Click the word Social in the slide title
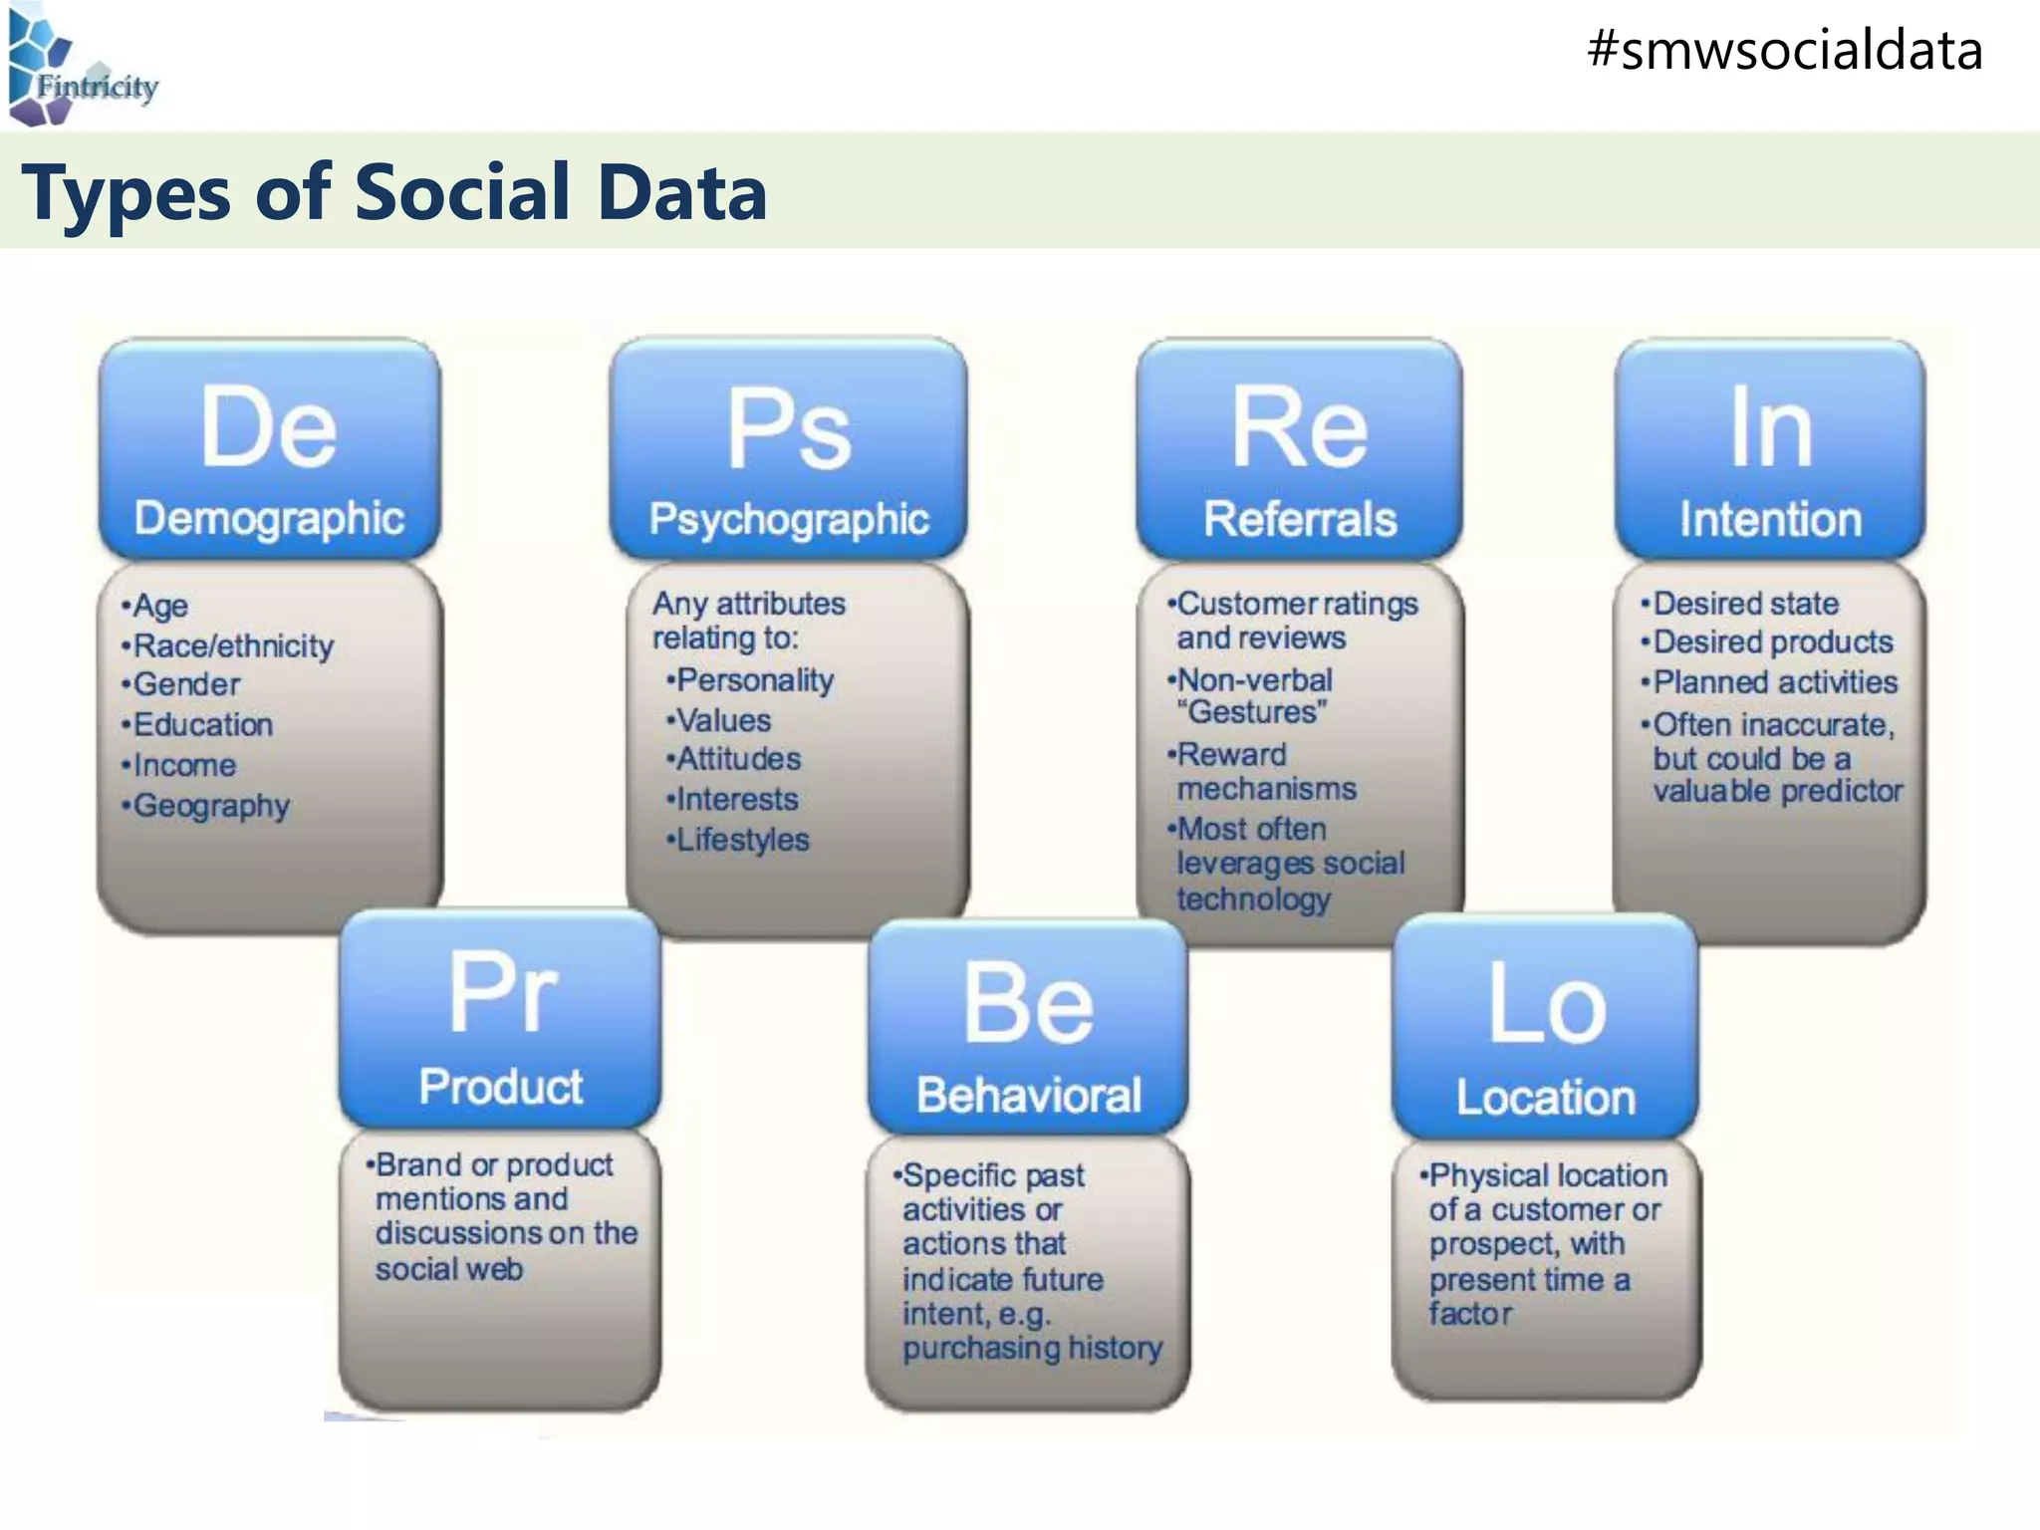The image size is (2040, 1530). [x=463, y=191]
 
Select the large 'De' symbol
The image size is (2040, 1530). [x=269, y=427]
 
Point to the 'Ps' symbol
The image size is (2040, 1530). [x=788, y=429]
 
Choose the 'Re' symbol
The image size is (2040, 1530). [x=1300, y=427]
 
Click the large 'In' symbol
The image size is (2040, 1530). [x=1770, y=427]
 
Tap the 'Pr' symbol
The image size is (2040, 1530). [x=501, y=992]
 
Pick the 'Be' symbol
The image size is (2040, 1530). [x=1028, y=1003]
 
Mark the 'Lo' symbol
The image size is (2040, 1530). [x=1546, y=1005]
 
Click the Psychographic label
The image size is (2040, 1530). [x=789, y=519]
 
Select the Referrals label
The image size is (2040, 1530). [x=1300, y=519]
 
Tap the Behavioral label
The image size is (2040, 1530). [x=1028, y=1095]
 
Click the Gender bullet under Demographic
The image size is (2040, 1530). [x=186, y=684]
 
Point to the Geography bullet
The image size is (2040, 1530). [x=210, y=805]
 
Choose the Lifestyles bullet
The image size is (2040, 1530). [x=742, y=840]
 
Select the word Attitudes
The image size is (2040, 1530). [x=738, y=759]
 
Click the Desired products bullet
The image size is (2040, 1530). [x=1772, y=642]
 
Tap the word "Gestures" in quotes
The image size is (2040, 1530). [x=1252, y=712]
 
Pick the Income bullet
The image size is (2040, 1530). [x=184, y=765]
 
